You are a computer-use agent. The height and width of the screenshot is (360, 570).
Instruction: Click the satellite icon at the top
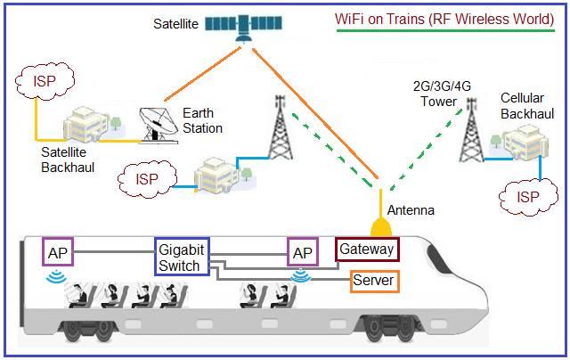(238, 25)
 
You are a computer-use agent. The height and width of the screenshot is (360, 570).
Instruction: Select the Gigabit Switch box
(182, 258)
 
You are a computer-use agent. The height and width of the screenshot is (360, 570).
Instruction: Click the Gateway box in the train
(366, 249)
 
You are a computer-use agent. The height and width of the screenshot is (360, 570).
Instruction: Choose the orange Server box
(373, 281)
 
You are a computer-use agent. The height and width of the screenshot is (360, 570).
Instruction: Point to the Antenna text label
(411, 210)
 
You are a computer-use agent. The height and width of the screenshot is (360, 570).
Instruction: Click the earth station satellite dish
(161, 123)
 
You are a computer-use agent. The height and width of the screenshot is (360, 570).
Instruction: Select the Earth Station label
(201, 120)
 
